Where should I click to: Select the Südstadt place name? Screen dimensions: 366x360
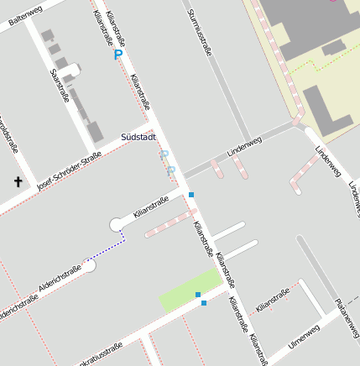click(x=138, y=136)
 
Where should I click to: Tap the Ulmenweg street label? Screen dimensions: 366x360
click(x=303, y=337)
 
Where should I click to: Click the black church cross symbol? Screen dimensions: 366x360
click(x=18, y=181)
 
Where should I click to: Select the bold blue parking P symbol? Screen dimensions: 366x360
click(x=118, y=55)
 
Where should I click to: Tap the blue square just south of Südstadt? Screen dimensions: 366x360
click(x=191, y=195)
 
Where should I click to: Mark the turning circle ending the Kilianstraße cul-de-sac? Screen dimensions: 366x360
click(x=117, y=224)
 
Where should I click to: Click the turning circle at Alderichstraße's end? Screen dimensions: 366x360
click(x=90, y=265)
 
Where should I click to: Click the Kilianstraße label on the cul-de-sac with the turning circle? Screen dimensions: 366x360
click(x=151, y=206)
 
